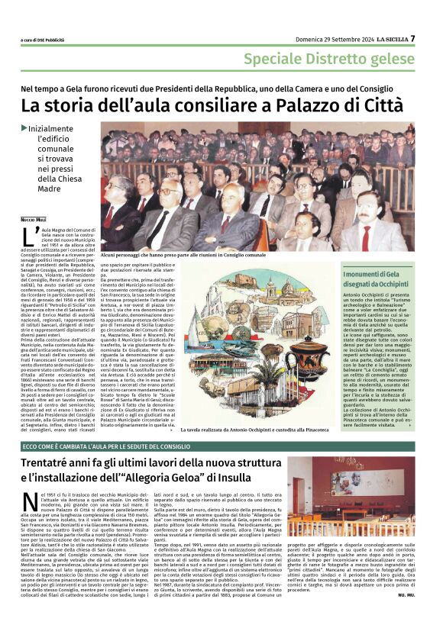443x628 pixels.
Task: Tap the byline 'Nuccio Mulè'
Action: [33, 219]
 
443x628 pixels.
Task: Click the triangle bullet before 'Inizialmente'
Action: [24, 127]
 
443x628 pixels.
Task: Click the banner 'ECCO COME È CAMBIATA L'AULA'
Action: [97, 446]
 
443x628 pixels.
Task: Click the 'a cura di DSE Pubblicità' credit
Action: [42, 40]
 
